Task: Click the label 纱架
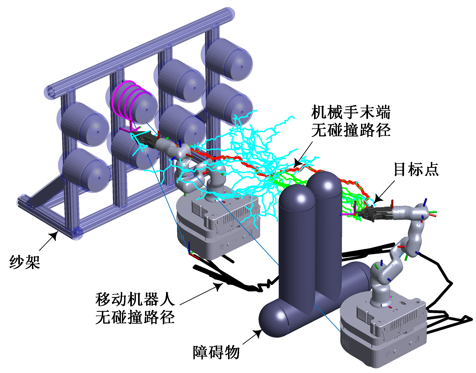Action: [x=25, y=262]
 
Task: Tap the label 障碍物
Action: [x=216, y=352]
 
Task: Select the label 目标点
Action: [x=416, y=169]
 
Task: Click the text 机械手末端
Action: [x=351, y=112]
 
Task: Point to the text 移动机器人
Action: [x=135, y=299]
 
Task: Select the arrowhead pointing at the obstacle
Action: [x=258, y=333]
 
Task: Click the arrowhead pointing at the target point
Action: [x=377, y=200]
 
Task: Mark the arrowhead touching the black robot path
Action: [x=219, y=287]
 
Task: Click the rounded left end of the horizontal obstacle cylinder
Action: [x=271, y=320]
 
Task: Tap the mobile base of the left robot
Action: [x=218, y=226]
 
